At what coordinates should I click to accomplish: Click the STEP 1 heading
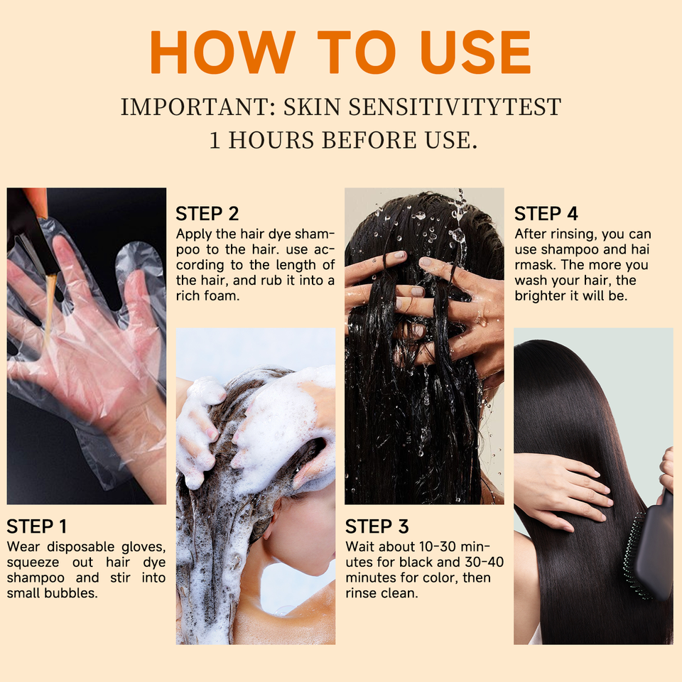point(36,526)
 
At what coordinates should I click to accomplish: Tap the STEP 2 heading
point(207,214)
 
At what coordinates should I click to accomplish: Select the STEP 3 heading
point(377,526)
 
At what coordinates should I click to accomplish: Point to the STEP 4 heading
point(546,214)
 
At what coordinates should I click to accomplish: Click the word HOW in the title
point(222,52)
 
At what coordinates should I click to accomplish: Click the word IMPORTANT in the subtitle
point(198,107)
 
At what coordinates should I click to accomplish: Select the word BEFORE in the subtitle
point(369,140)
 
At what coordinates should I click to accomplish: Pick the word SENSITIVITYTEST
point(455,107)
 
